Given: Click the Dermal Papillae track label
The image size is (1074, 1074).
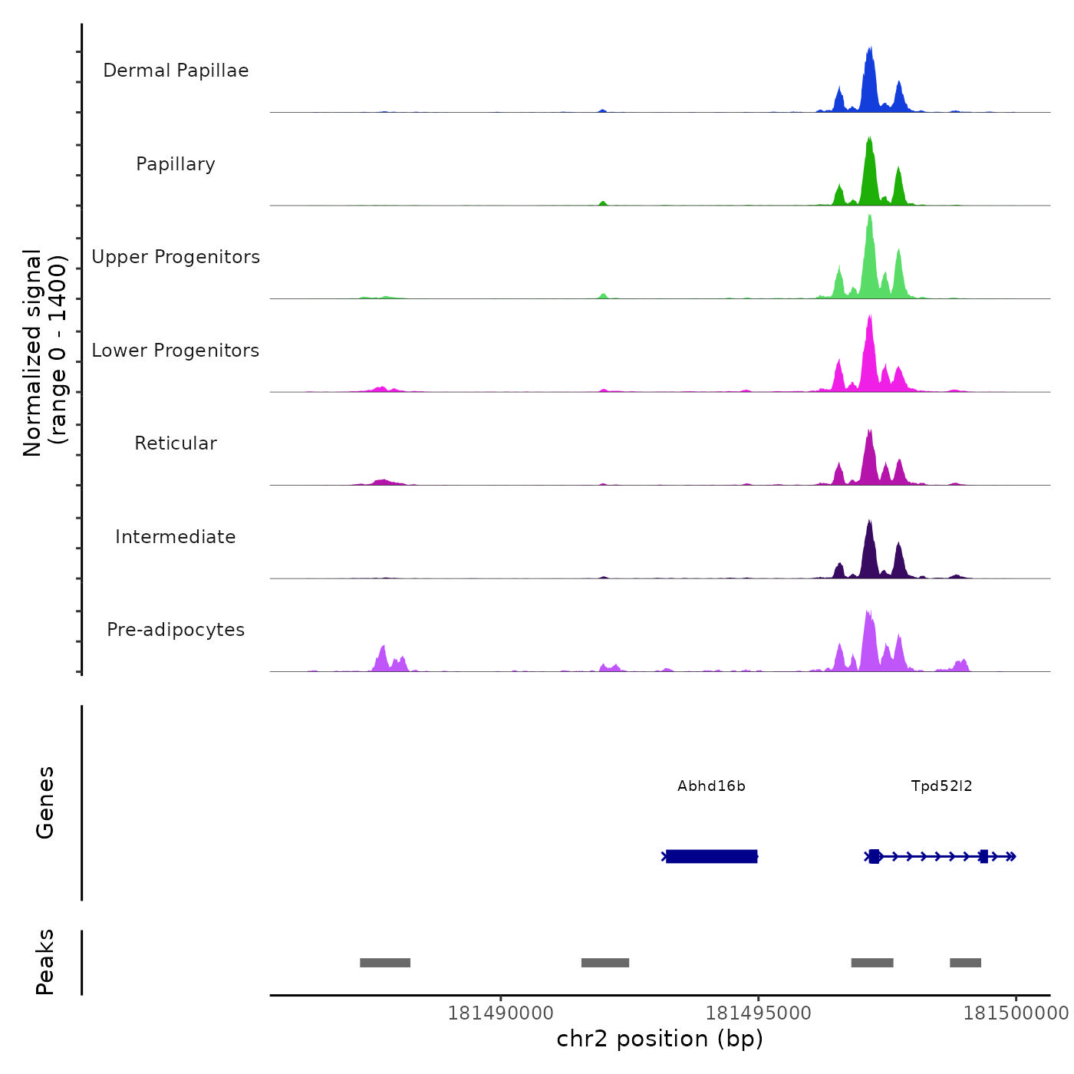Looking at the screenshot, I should [176, 71].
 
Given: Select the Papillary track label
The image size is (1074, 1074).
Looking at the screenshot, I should [176, 164].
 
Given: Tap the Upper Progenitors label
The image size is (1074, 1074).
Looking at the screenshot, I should [176, 257].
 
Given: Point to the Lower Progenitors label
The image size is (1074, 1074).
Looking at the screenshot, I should [176, 351].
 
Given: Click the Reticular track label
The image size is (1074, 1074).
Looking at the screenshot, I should [176, 443].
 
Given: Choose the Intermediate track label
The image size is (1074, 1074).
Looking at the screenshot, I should [176, 537].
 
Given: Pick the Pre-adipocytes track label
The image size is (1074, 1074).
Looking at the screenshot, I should [176, 630].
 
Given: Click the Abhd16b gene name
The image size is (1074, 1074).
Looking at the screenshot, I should [711, 786].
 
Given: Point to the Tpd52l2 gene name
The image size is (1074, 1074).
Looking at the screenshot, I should [941, 786].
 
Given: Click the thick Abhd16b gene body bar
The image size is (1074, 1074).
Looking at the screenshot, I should [711, 856].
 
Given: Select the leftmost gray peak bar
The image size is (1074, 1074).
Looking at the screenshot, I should [385, 963].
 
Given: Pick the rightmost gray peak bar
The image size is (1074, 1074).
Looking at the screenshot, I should [965, 963].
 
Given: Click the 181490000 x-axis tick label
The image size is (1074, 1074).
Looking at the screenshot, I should [500, 1013].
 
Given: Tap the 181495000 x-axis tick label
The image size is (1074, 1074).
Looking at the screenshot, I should [758, 1013].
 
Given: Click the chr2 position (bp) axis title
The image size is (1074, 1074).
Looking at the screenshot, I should [660, 1039].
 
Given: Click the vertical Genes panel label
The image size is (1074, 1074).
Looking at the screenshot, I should [44, 802].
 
